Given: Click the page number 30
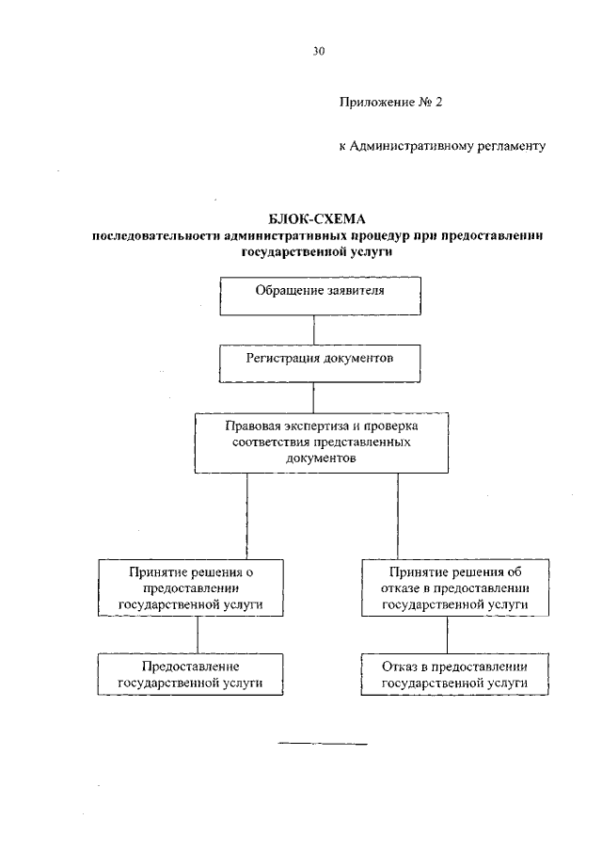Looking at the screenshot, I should (x=318, y=53).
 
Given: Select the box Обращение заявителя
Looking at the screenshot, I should (x=320, y=295).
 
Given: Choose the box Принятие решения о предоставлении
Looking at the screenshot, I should (x=191, y=588).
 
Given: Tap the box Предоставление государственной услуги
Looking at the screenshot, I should (x=190, y=674).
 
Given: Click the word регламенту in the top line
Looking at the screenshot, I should (x=514, y=147).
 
